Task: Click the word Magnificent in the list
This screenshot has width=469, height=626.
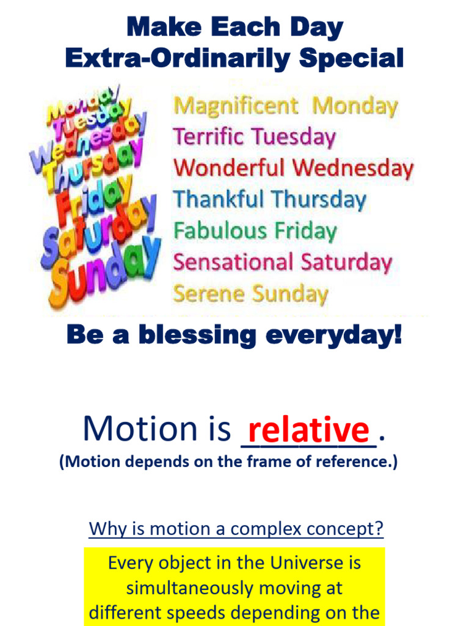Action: click(236, 106)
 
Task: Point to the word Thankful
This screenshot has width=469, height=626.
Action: click(219, 199)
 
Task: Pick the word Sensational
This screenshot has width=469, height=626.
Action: click(233, 262)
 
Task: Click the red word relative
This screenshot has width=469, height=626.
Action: click(308, 429)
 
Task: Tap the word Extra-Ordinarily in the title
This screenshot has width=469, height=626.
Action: click(178, 59)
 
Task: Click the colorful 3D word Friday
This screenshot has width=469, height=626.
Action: click(95, 200)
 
